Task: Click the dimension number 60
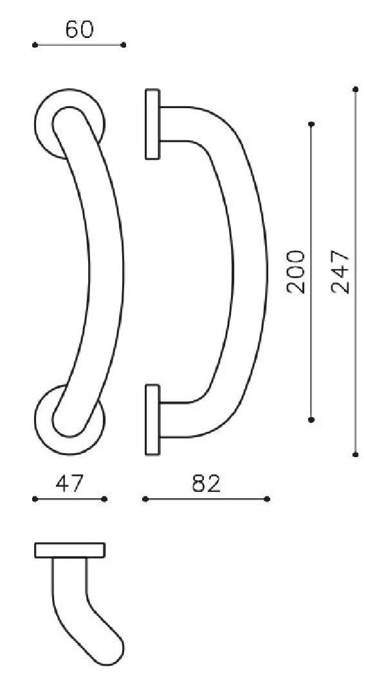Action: (x=79, y=30)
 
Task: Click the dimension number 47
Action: (x=69, y=483)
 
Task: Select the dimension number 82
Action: (x=206, y=483)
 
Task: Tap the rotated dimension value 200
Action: (x=297, y=272)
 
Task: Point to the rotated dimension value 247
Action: (x=341, y=272)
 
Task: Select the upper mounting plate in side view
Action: (x=152, y=124)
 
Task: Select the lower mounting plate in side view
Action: (x=152, y=420)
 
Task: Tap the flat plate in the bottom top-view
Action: (x=69, y=550)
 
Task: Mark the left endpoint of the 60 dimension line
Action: (x=34, y=45)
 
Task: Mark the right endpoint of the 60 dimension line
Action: (x=124, y=45)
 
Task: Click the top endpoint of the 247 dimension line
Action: (x=356, y=89)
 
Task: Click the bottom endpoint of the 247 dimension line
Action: (x=356, y=455)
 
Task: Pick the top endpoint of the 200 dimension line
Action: (x=311, y=124)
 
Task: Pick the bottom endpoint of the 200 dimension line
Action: (x=311, y=420)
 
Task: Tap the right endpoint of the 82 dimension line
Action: (x=267, y=499)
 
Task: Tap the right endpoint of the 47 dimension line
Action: (x=104, y=499)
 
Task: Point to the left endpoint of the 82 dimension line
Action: (x=145, y=499)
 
